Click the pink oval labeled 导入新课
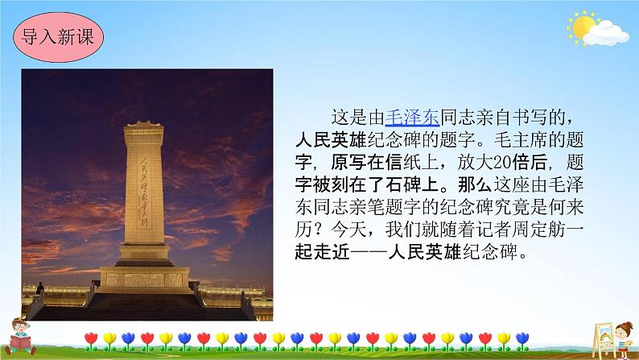pos(58,38)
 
